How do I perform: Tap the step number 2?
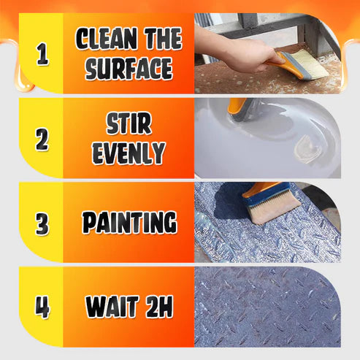tap(42, 139)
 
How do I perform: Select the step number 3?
tap(42, 222)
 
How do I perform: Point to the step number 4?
tap(42, 306)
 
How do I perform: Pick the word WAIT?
tap(111, 307)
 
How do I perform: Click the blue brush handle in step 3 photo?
tap(260, 191)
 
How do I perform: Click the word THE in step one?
tap(159, 38)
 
